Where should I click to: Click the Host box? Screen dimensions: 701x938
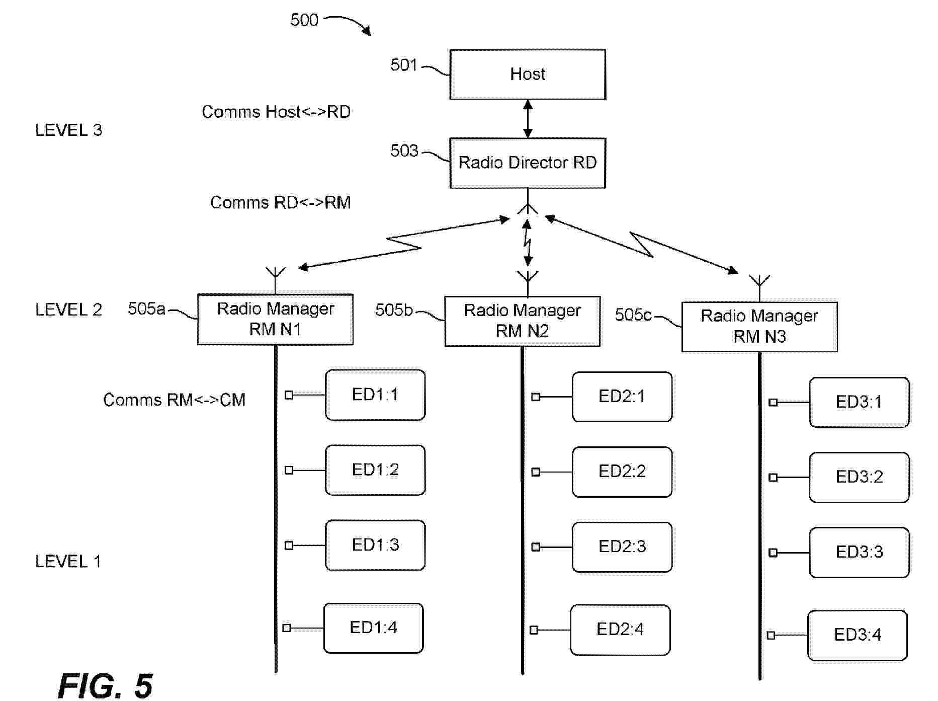527,74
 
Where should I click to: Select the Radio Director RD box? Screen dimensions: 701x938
527,163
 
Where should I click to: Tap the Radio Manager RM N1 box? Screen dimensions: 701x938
275,320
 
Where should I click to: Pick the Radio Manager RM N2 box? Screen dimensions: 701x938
522,321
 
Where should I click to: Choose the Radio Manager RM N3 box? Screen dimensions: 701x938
759,327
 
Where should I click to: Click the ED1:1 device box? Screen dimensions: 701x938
375,395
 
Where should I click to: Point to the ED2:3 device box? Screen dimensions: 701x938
622,547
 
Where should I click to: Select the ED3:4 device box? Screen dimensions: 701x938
857,635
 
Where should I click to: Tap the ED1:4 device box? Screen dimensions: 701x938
373,628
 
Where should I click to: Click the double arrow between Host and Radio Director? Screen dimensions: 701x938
528,119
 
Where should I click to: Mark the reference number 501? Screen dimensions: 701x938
403,65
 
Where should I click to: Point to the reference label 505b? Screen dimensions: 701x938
393,310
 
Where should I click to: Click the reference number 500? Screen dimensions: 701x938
304,20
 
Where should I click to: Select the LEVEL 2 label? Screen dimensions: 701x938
68,310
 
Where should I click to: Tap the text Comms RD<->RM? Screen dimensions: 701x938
280,203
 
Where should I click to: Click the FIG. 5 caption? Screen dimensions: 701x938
105,685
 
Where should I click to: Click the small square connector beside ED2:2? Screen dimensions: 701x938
536,472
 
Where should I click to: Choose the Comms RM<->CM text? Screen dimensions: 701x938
174,400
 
